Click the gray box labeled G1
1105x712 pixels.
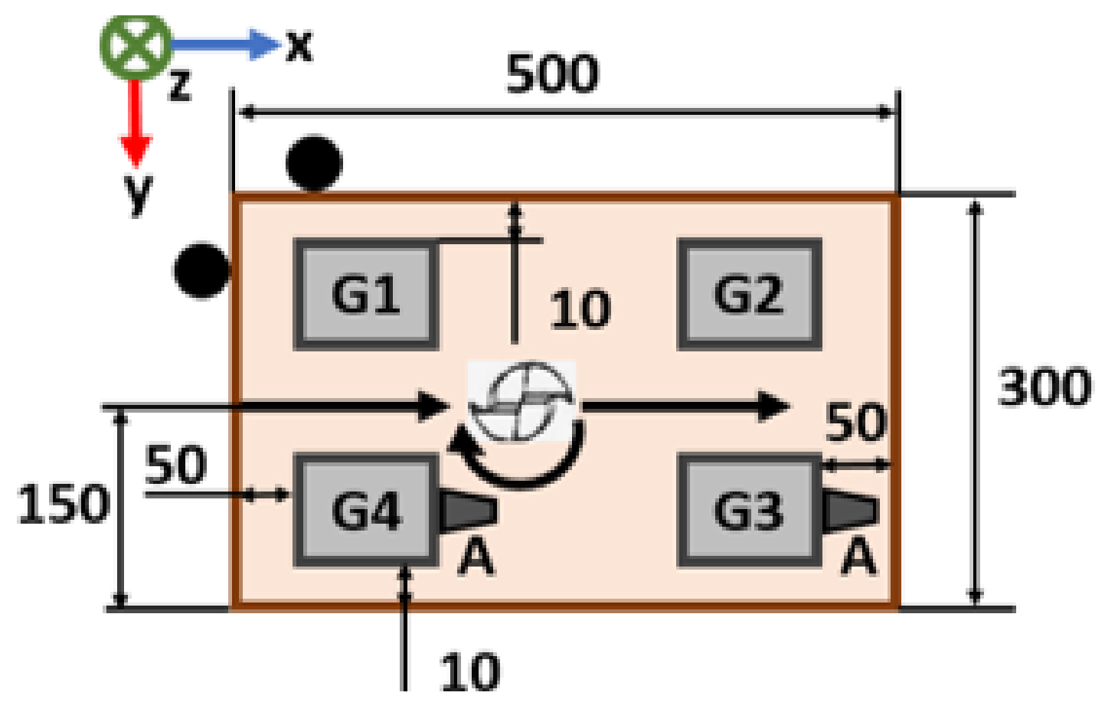pyautogui.click(x=366, y=294)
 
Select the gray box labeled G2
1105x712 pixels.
pyautogui.click(x=749, y=294)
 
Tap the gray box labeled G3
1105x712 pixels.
pyautogui.click(x=749, y=511)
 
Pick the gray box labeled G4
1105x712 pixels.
pyautogui.click(x=366, y=511)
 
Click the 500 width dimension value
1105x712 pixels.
pyautogui.click(x=552, y=74)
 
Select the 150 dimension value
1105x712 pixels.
pyautogui.click(x=63, y=505)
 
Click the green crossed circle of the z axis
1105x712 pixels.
pyautogui.click(x=136, y=46)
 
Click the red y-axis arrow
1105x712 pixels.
pyautogui.click(x=136, y=122)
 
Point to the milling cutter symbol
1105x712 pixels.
pyautogui.click(x=522, y=401)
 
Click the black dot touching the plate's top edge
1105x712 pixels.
pyautogui.click(x=314, y=163)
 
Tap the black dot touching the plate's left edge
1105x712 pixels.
pyautogui.click(x=201, y=270)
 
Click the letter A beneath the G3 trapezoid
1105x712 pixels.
pyautogui.click(x=858, y=557)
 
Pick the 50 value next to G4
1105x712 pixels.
pyautogui.click(x=175, y=465)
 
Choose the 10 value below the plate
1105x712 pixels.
pyautogui.click(x=469, y=672)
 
